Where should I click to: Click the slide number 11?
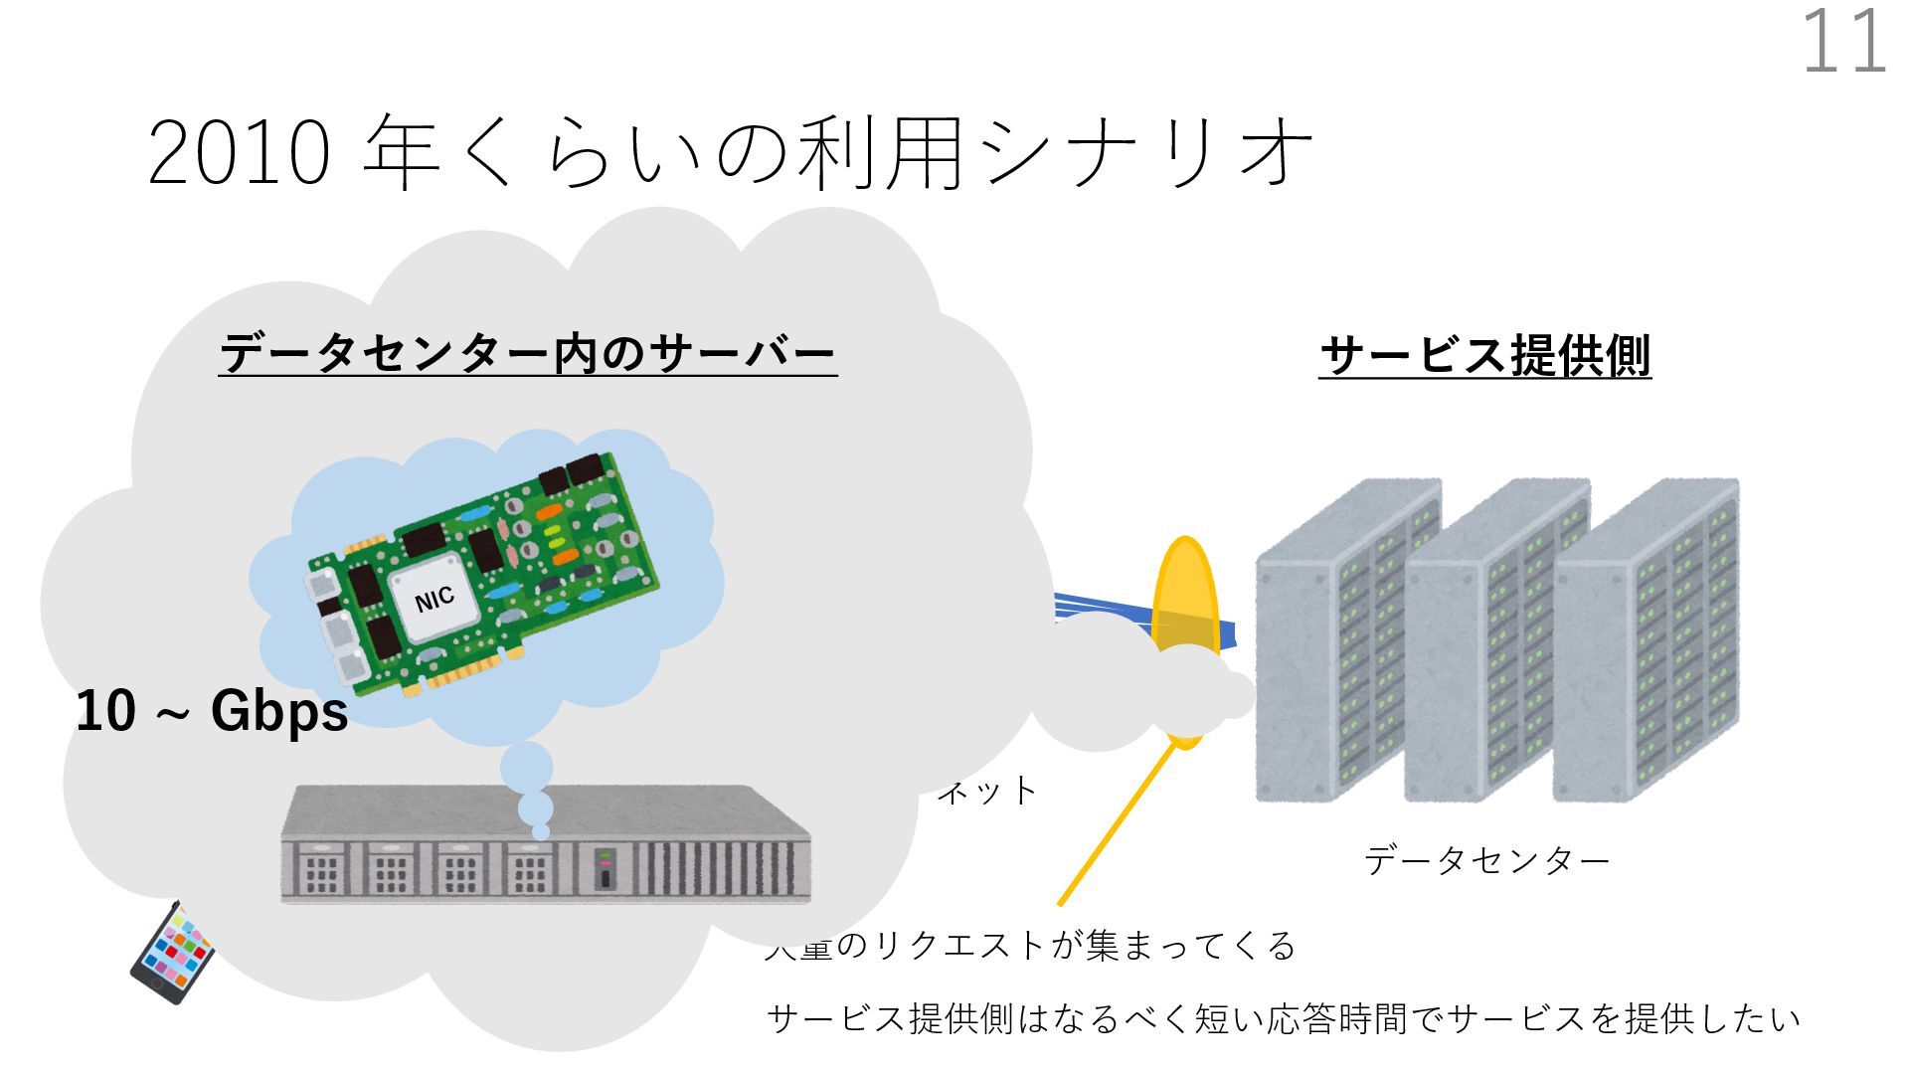point(1844,42)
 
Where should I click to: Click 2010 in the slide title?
point(239,153)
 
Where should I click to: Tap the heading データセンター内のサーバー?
point(527,354)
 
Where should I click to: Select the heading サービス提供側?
point(1484,356)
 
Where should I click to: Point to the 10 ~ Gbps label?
point(212,711)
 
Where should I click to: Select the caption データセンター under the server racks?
point(1486,860)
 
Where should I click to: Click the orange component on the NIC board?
point(564,557)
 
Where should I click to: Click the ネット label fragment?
point(988,792)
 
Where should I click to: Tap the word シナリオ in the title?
point(1143,153)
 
